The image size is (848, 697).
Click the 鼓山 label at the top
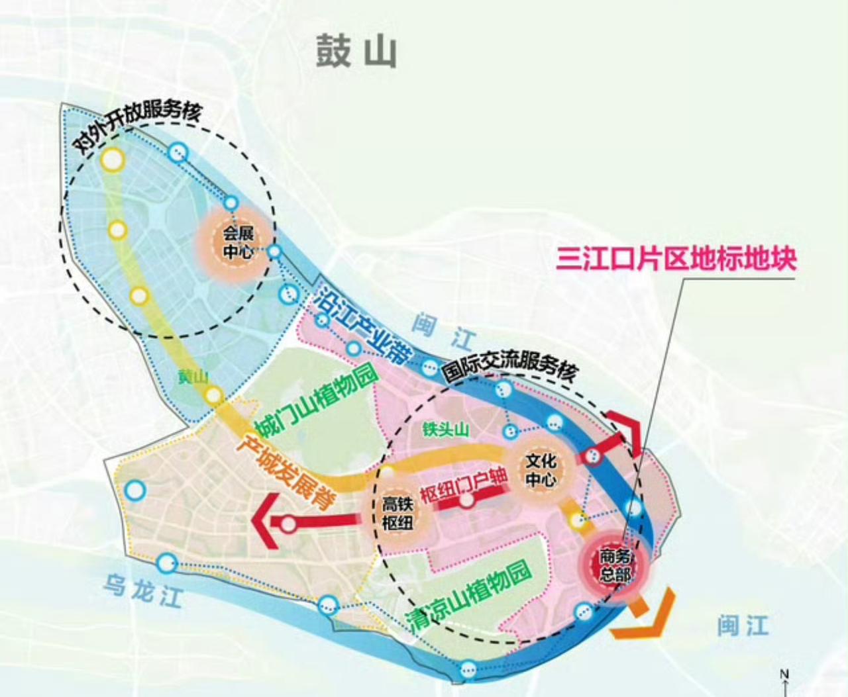pyautogui.click(x=356, y=52)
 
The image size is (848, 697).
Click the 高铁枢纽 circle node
pyautogui.click(x=398, y=513)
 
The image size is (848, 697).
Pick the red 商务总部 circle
pyautogui.click(x=614, y=565)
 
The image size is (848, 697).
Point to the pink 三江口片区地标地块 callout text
pyautogui.click(x=676, y=258)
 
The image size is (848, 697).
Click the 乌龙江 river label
pyautogui.click(x=142, y=588)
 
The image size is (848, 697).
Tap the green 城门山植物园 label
pyautogui.click(x=315, y=398)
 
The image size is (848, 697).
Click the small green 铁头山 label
pyautogui.click(x=447, y=430)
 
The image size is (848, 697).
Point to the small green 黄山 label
pyautogui.click(x=193, y=377)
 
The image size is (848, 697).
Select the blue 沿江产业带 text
pyautogui.click(x=362, y=328)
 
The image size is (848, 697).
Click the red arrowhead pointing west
pyautogui.click(x=264, y=522)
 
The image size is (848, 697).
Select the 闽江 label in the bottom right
pyautogui.click(x=743, y=625)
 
